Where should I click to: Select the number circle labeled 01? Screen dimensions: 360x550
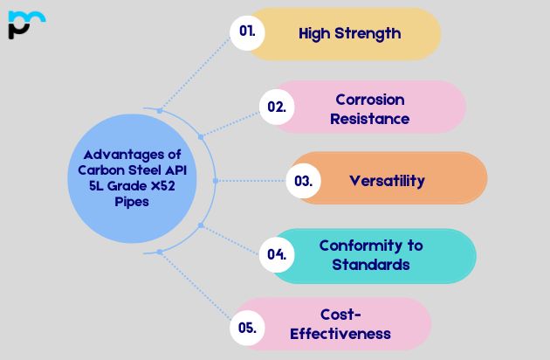[247, 33]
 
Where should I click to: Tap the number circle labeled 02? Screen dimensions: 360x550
[277, 107]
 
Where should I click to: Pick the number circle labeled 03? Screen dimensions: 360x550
[303, 182]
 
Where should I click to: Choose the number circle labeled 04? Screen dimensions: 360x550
[277, 255]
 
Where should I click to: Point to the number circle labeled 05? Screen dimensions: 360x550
[247, 329]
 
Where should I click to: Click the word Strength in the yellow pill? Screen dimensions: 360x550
[368, 34]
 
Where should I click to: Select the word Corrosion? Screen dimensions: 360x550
[369, 99]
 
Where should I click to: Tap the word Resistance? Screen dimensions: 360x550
[369, 118]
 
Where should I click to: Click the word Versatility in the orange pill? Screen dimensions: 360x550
[387, 181]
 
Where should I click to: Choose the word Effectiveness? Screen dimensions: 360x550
[340, 333]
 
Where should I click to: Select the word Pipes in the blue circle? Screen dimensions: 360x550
[131, 202]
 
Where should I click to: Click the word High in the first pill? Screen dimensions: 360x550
[313, 34]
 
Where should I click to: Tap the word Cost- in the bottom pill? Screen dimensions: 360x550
[340, 315]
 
